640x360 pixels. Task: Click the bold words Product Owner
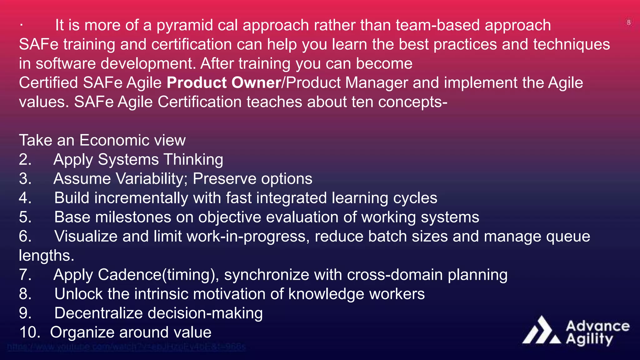point(224,83)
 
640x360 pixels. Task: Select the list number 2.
point(25,160)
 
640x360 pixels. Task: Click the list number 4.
point(25,198)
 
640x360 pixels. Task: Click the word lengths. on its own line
point(47,256)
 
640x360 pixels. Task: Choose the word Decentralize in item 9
point(98,313)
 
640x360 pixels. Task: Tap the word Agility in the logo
point(589,340)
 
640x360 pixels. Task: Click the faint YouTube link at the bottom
point(126,347)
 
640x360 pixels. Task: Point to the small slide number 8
point(628,22)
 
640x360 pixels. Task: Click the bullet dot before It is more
point(21,25)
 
